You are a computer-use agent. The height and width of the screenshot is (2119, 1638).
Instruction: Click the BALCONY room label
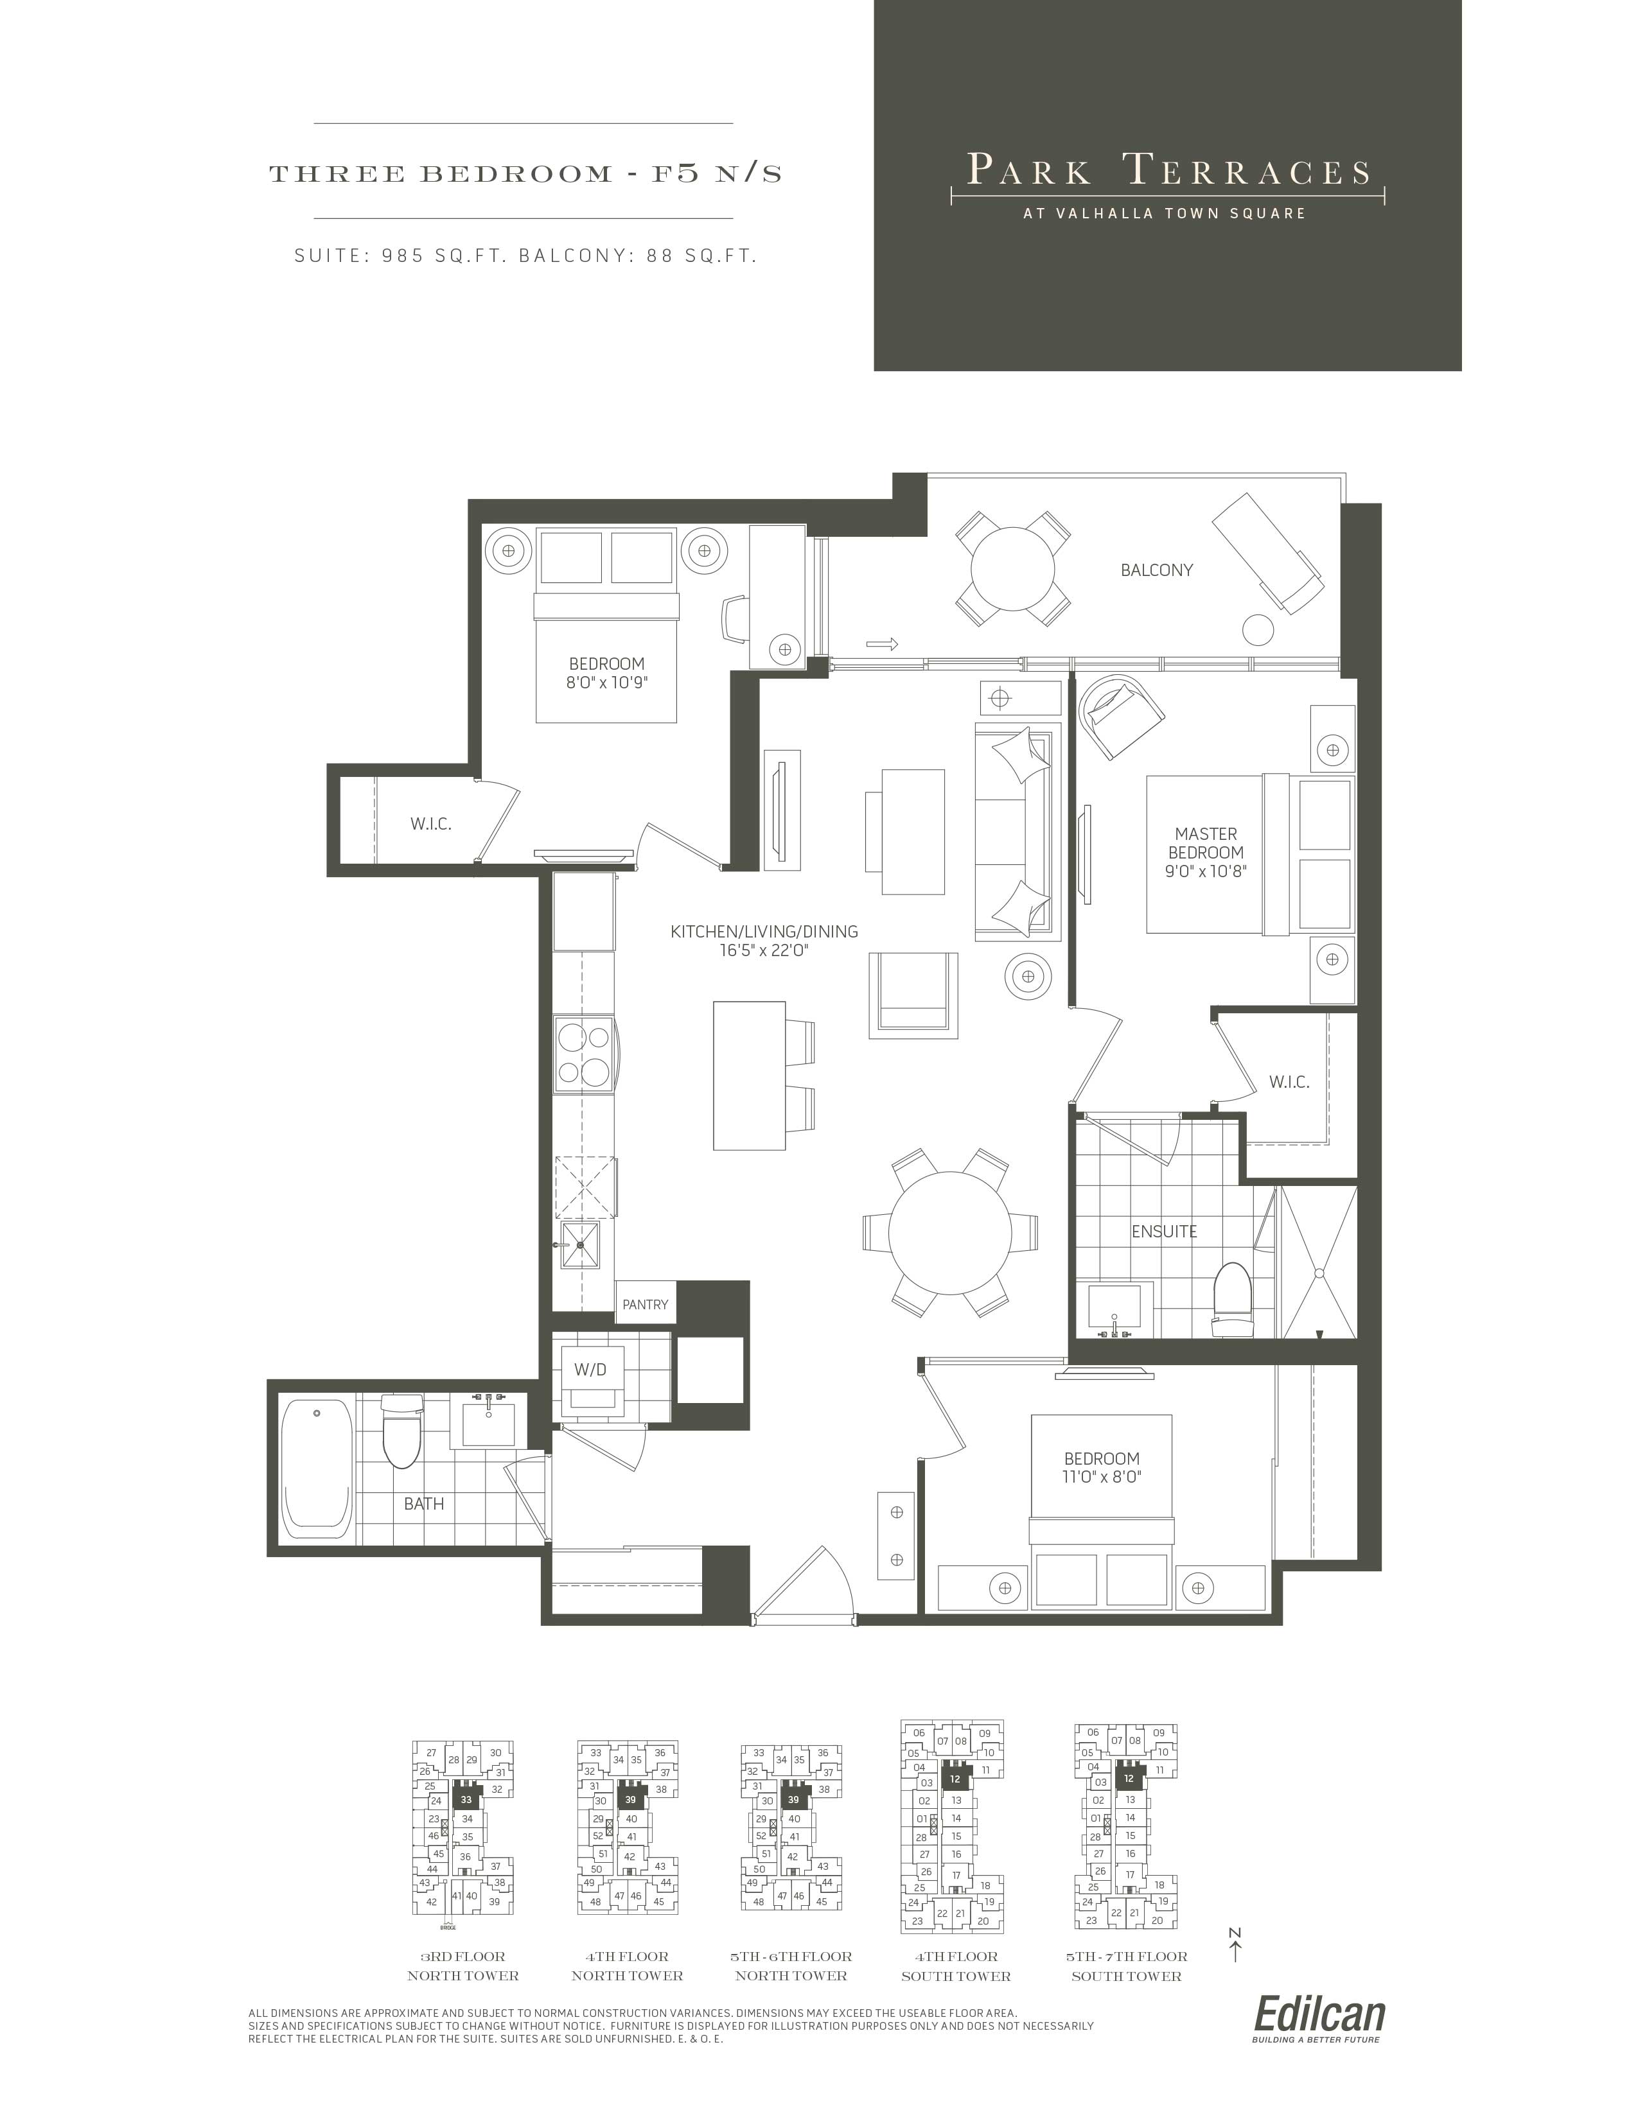click(x=1156, y=570)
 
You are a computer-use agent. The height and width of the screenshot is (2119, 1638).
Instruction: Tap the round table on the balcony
click(x=1013, y=568)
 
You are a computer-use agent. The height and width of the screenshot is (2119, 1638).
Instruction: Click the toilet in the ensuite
click(x=1233, y=1298)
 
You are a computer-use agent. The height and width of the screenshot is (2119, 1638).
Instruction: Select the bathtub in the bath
click(x=316, y=1466)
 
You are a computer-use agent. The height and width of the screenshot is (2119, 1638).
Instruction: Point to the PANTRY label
click(x=646, y=1304)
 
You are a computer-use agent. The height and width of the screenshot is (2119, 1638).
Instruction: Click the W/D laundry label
click(x=590, y=1369)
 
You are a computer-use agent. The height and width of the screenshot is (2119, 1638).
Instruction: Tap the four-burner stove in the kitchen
click(x=584, y=1054)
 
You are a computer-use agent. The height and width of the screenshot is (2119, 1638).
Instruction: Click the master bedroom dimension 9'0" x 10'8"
click(x=1205, y=870)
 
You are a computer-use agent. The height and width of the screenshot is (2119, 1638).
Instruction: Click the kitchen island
click(x=749, y=1075)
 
